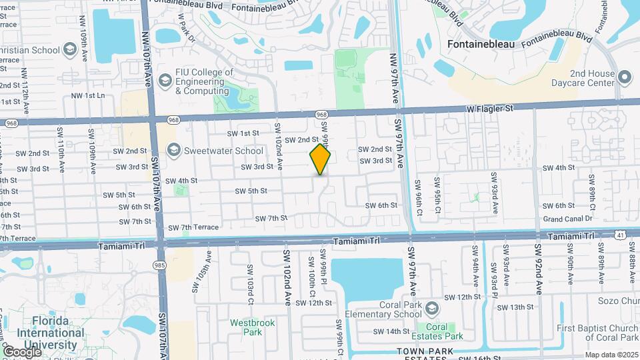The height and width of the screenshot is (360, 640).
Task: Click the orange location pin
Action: click(320, 160)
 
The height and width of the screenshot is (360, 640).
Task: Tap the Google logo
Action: click(21, 351)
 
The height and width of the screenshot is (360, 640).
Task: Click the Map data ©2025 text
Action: click(611, 355)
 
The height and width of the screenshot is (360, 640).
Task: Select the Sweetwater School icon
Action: click(173, 149)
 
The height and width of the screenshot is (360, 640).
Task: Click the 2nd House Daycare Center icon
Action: click(625, 77)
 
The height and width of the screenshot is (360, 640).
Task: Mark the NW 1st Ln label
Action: click(89, 95)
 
